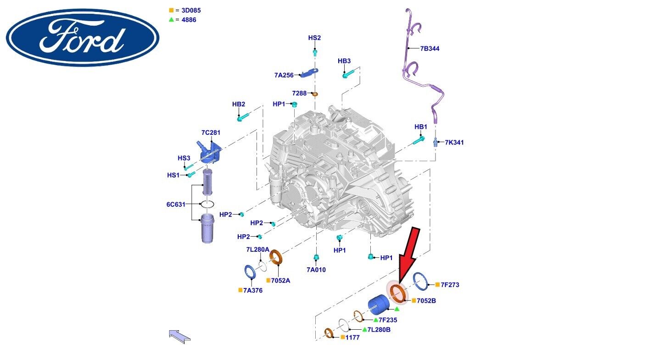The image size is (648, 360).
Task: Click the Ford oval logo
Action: coord(83,38)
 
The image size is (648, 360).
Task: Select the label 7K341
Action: coord(454,142)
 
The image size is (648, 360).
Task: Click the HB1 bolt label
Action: coord(420,127)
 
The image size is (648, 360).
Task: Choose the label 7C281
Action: coord(211,133)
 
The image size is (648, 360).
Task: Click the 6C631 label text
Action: coord(176,204)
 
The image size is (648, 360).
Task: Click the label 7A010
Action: coord(316,270)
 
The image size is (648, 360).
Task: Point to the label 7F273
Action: coord(450,285)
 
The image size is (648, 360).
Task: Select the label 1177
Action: coord(353,337)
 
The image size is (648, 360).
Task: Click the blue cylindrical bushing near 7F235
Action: coord(380,305)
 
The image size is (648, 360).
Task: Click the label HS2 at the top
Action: coord(314,38)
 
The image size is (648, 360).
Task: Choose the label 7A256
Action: coord(284,75)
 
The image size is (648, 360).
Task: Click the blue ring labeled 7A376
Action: coord(251,272)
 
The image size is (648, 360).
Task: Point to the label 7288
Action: coord(299,93)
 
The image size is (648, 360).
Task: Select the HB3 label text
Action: coord(344,61)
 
